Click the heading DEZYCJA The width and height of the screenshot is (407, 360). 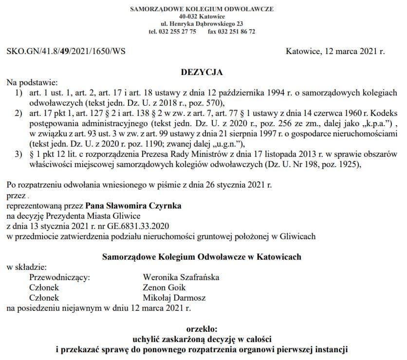(x=202, y=72)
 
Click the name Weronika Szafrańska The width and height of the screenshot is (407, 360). (x=181, y=277)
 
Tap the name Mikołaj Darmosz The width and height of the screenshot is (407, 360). (x=174, y=298)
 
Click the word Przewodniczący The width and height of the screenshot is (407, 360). (x=59, y=277)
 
